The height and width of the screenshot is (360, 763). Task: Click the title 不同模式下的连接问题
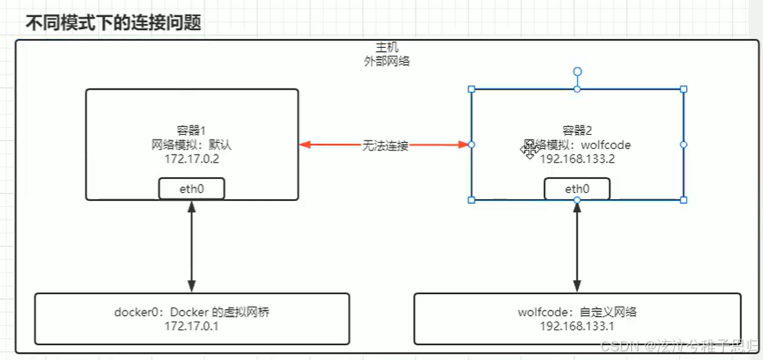click(114, 23)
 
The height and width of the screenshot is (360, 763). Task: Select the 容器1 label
click(192, 131)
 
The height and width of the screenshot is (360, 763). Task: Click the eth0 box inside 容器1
click(192, 188)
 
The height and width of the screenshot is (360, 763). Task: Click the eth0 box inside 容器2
click(577, 188)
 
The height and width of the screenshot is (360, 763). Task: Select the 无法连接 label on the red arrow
click(385, 145)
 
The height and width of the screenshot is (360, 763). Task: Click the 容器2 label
click(578, 131)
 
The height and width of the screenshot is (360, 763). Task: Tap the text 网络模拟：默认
click(192, 144)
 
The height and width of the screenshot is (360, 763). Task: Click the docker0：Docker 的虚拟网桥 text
click(192, 312)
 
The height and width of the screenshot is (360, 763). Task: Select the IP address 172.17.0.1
click(192, 325)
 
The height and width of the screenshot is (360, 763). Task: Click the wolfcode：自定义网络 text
click(577, 312)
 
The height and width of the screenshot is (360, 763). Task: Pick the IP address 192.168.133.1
click(577, 325)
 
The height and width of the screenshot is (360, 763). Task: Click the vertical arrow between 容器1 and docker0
click(192, 246)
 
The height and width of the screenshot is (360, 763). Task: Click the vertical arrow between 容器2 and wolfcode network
click(577, 246)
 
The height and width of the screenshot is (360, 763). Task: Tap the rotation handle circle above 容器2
click(577, 71)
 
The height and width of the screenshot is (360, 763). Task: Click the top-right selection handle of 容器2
click(684, 89)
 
